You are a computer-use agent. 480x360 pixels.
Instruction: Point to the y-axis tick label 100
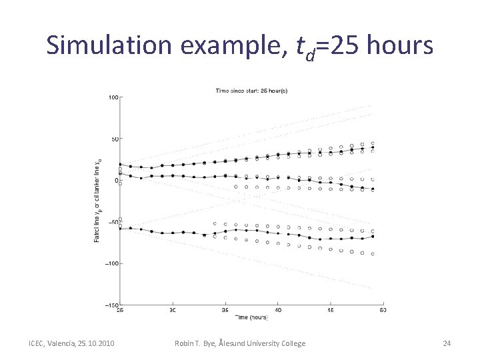coord(113,97)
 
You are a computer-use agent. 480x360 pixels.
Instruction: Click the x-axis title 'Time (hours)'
coord(252,317)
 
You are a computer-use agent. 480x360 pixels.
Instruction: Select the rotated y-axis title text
coord(98,200)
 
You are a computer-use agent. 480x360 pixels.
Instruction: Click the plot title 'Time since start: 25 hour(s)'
coord(251,90)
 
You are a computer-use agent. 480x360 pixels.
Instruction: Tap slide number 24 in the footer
coord(447,343)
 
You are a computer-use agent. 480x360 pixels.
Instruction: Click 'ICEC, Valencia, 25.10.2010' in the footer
coord(71,343)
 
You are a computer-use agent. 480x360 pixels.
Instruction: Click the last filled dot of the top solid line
coord(373,148)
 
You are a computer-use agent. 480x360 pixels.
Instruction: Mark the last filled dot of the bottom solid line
coord(373,237)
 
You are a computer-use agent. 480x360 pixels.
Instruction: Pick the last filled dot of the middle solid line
coord(373,189)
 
